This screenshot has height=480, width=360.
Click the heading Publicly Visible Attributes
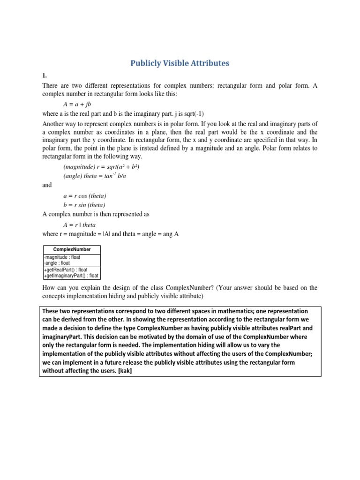(x=180, y=63)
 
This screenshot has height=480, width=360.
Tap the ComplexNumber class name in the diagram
(x=72, y=249)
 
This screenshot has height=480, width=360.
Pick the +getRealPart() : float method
(x=65, y=270)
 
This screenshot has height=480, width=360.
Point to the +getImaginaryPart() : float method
(x=71, y=276)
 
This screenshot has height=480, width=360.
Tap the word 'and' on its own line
(x=47, y=185)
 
